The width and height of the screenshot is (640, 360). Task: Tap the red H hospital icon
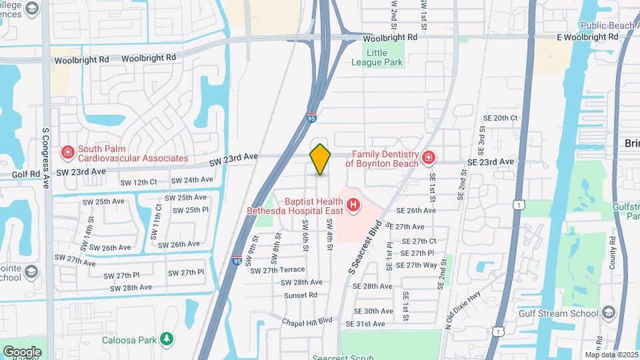pyautogui.click(x=353, y=205)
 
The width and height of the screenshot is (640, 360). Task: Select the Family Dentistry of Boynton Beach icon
pyautogui.click(x=428, y=159)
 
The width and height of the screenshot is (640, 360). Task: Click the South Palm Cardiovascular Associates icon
pyautogui.click(x=67, y=154)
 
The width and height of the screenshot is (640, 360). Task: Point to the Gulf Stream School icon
pyautogui.click(x=608, y=313)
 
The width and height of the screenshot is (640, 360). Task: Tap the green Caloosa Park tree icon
pyautogui.click(x=167, y=340)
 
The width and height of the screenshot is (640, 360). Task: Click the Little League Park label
pyautogui.click(x=377, y=57)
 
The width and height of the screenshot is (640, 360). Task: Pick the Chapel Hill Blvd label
pyautogui.click(x=307, y=321)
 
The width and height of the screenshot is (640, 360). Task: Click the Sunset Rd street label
pyautogui.click(x=300, y=295)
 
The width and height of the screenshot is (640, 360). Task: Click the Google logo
pyautogui.click(x=22, y=351)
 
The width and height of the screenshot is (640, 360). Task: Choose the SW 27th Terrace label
pyautogui.click(x=277, y=270)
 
